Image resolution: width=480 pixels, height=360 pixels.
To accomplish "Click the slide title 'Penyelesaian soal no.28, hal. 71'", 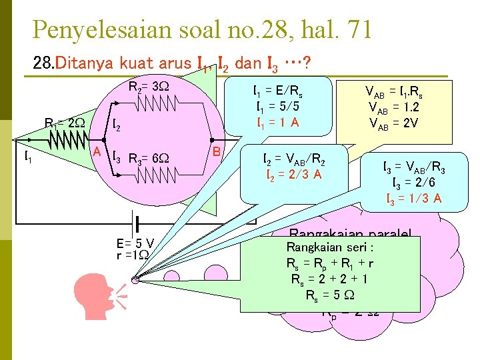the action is pyautogui.click(x=201, y=29).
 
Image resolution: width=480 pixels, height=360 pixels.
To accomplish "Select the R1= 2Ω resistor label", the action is pyautogui.click(x=63, y=122).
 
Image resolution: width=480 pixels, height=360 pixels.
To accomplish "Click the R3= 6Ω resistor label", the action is pyautogui.click(x=149, y=159).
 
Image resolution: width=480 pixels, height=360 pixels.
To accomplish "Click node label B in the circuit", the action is pyautogui.click(x=216, y=151).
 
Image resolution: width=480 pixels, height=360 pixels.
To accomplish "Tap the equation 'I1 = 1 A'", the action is pyautogui.click(x=276, y=122).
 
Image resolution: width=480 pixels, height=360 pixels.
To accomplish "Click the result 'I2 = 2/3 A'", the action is pyautogui.click(x=293, y=175).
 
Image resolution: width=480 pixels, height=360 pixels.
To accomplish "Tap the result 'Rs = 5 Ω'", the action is pyautogui.click(x=339, y=294).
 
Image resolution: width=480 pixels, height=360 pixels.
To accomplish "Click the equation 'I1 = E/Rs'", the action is pyautogui.click(x=276, y=89).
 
